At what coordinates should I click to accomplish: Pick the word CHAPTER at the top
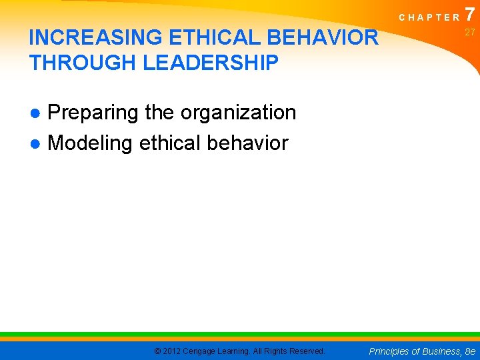[x=429, y=17]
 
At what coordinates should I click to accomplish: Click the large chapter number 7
[x=471, y=13]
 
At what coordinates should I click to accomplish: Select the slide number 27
[x=470, y=32]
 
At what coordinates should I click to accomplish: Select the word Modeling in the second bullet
[x=90, y=143]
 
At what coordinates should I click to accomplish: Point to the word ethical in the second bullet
[x=170, y=143]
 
